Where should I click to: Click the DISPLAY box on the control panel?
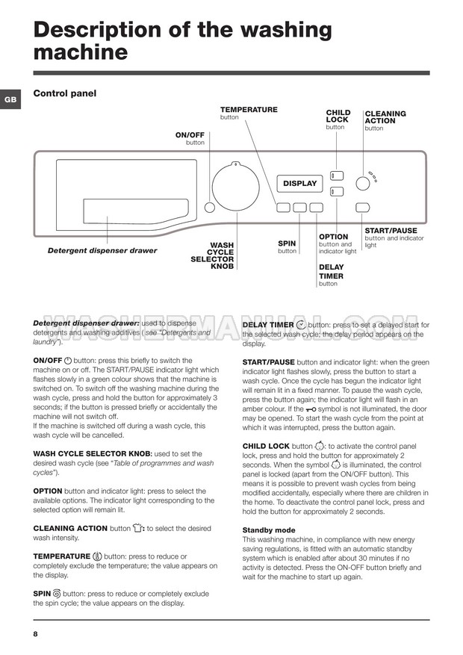(300, 183)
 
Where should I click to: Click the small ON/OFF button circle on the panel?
(210, 208)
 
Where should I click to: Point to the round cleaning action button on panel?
(362, 183)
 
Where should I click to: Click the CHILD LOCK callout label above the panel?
(338, 117)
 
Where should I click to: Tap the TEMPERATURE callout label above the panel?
(249, 110)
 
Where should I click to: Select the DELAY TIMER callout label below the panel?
(331, 271)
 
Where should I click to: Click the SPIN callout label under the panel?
(287, 243)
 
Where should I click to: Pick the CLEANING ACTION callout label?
(385, 117)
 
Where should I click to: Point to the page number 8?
(35, 634)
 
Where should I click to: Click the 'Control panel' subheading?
(65, 94)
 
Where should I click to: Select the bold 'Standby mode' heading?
(269, 530)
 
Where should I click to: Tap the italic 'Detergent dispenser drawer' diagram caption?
(102, 251)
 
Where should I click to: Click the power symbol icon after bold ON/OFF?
(68, 360)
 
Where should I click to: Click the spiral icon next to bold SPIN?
(57, 594)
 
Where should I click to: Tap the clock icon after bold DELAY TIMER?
(301, 325)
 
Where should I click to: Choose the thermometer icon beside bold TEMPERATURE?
(97, 556)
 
